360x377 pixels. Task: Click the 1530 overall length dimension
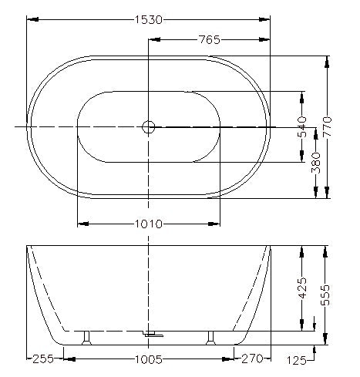tap(149, 20)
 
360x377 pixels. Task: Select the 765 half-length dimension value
tap(210, 40)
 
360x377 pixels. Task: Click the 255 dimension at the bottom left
tap(43, 358)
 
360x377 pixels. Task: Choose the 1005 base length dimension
tap(149, 358)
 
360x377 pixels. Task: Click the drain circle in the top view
tap(149, 126)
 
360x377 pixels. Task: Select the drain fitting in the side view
tap(153, 335)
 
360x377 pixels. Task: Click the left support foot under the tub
tap(89, 336)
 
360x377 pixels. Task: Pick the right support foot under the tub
tap(209, 336)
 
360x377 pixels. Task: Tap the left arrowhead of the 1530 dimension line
tap(32, 20)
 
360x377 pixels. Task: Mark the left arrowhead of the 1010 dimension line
tap(82, 224)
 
